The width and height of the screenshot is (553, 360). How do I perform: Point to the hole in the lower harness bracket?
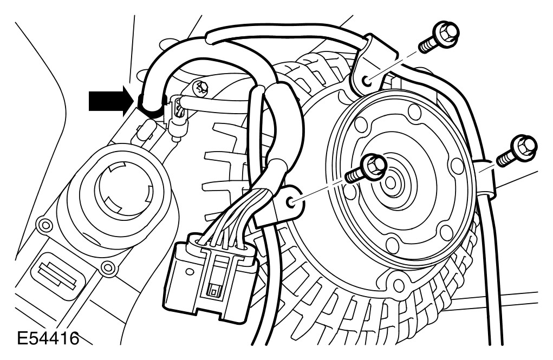coord(293,202)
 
